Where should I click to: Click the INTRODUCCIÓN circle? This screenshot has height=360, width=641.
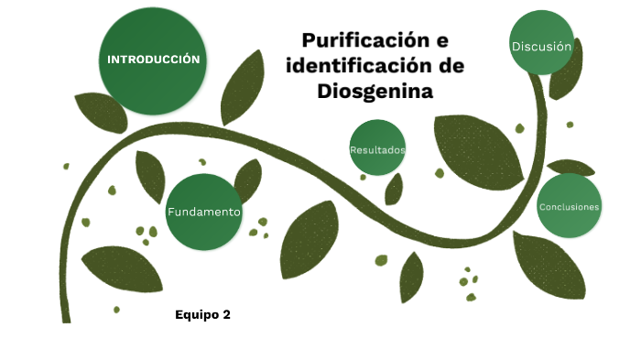coord(152,60)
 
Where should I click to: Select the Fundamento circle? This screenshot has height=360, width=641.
coord(203,212)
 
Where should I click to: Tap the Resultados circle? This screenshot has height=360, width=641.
coord(377,147)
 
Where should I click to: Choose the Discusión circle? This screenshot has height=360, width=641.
coord(541,46)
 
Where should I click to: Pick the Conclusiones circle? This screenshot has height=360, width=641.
coord(569,206)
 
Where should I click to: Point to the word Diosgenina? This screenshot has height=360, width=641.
coord(375,92)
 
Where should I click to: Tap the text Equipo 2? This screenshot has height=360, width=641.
coord(202,315)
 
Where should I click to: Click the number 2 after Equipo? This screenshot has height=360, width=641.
coord(226,315)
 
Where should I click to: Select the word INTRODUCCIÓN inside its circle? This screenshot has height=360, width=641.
coord(153,60)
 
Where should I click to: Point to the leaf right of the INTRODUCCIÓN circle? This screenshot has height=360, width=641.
coord(243,87)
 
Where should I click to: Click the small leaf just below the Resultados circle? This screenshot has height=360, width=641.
coord(395,189)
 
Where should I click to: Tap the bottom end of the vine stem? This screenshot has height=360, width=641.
coord(66,318)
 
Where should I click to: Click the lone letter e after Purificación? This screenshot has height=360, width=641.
coord(442,40)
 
